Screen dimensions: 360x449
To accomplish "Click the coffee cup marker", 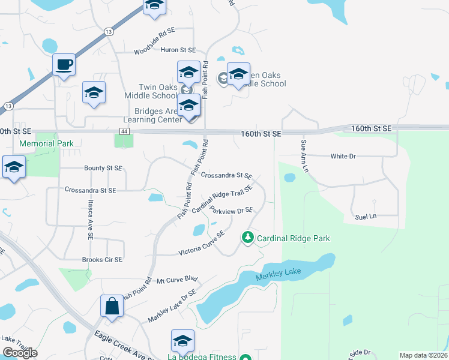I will pos(63,64).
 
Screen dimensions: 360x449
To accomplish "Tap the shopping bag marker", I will pos(112,306).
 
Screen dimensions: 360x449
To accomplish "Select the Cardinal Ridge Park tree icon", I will pos(247,238).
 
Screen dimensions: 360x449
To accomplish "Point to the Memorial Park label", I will pos(46,143).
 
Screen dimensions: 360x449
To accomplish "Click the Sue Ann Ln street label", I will pos(304,157).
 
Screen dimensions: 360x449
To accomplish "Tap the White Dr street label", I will pos(343,156).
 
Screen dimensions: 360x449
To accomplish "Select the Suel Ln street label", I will pos(366,216).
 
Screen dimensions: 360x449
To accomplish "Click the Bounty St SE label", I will pos(103,168).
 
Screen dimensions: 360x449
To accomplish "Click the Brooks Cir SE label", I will pos(102,260).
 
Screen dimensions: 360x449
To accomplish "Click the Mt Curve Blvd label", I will pos(177,280).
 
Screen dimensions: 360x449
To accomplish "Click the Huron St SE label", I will pos(178,50).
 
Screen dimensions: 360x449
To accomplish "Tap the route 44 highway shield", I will pos(124,130).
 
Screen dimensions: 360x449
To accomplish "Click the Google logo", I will pos(19,352).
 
